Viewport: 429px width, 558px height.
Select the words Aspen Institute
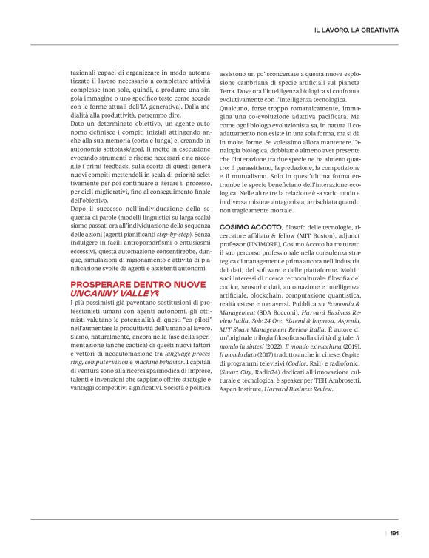(252, 409)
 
